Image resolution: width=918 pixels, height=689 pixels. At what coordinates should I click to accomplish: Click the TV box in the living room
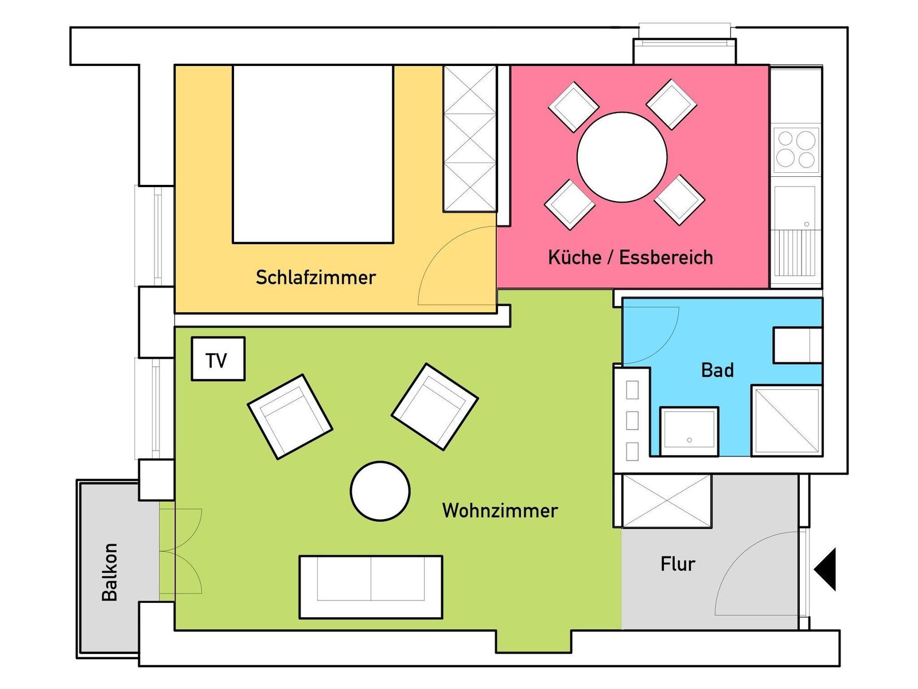coord(218,358)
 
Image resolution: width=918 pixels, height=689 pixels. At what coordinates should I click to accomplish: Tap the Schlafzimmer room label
coord(316,277)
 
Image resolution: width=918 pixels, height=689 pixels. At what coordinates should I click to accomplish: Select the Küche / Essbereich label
coord(630,257)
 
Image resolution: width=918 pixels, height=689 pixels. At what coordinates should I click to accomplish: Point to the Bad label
coord(717,370)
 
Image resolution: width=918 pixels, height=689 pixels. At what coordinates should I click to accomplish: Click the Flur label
coord(678,564)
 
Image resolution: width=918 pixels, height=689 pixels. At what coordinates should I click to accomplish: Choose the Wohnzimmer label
coord(500,510)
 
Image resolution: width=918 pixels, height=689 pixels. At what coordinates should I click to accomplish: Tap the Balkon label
coord(110,572)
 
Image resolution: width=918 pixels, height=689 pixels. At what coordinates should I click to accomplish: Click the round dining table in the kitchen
coord(622,157)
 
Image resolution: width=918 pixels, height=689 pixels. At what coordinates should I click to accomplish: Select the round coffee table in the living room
coord(380,491)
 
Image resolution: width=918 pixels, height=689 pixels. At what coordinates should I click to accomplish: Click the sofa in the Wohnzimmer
coord(371,587)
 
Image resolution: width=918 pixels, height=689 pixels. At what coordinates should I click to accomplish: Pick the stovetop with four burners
coord(796,149)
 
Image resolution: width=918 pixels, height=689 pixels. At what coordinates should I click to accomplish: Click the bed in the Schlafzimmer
coord(313,154)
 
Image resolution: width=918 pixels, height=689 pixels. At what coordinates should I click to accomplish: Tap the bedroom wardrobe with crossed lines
coord(470,138)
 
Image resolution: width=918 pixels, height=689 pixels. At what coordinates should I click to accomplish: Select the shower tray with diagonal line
coord(787,420)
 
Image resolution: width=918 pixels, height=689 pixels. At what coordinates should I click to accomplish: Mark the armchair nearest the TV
coord(290,417)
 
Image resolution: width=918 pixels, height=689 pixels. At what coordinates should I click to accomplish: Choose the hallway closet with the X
coord(667,500)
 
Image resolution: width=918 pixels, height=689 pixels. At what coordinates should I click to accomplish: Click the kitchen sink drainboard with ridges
coord(795,253)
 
